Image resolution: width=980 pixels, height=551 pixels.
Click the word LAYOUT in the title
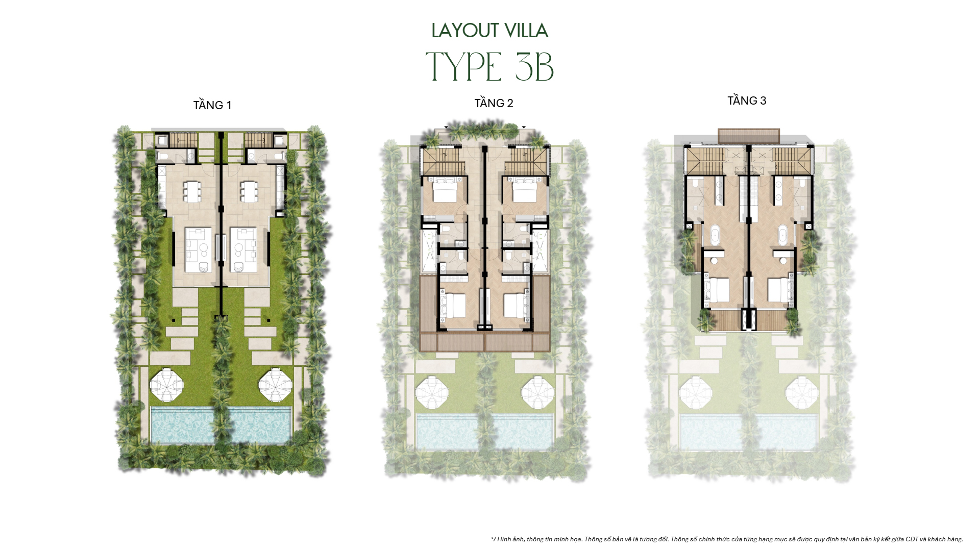click(x=457, y=31)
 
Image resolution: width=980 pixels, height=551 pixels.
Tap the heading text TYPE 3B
click(x=489, y=67)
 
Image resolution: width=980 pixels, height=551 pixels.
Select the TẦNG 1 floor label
click(x=212, y=105)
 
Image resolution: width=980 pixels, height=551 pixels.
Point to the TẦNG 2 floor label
click(x=494, y=103)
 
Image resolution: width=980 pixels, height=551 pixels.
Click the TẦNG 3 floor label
click(x=747, y=101)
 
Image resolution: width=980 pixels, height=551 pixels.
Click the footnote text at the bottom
click(x=727, y=539)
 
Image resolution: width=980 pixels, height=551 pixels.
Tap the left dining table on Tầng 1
click(x=192, y=191)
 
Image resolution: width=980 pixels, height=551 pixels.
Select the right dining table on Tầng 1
click(x=249, y=191)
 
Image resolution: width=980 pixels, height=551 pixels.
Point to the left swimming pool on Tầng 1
click(x=183, y=424)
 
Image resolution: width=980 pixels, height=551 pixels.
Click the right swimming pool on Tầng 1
click(x=260, y=424)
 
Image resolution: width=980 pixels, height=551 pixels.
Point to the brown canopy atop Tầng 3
click(x=749, y=136)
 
